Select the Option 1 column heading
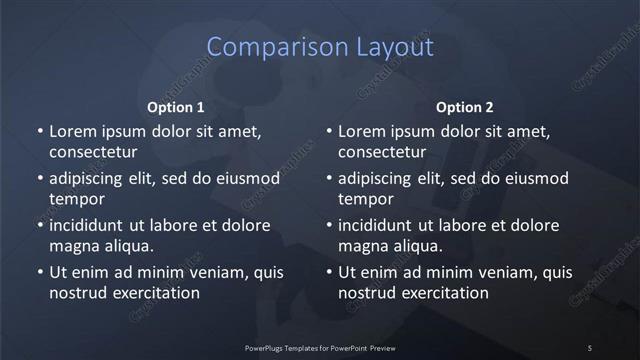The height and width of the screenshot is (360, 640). [x=176, y=107]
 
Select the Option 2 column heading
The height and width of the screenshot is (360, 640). [x=465, y=107]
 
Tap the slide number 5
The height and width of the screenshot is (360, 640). [x=590, y=347]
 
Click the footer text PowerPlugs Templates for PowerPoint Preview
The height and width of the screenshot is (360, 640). [x=320, y=347]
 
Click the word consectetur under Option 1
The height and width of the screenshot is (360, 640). [x=93, y=153]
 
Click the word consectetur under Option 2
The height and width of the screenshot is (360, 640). [x=383, y=153]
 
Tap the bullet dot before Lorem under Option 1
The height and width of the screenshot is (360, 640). [x=39, y=131]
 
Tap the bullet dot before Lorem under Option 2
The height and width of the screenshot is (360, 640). [x=329, y=131]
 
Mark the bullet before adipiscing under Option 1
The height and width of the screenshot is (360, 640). [x=39, y=178]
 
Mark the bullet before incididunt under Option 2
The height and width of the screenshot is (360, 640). [x=329, y=225]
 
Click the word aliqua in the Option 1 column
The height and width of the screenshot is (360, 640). [x=126, y=246]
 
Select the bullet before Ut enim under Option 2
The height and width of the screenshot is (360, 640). [x=329, y=272]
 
